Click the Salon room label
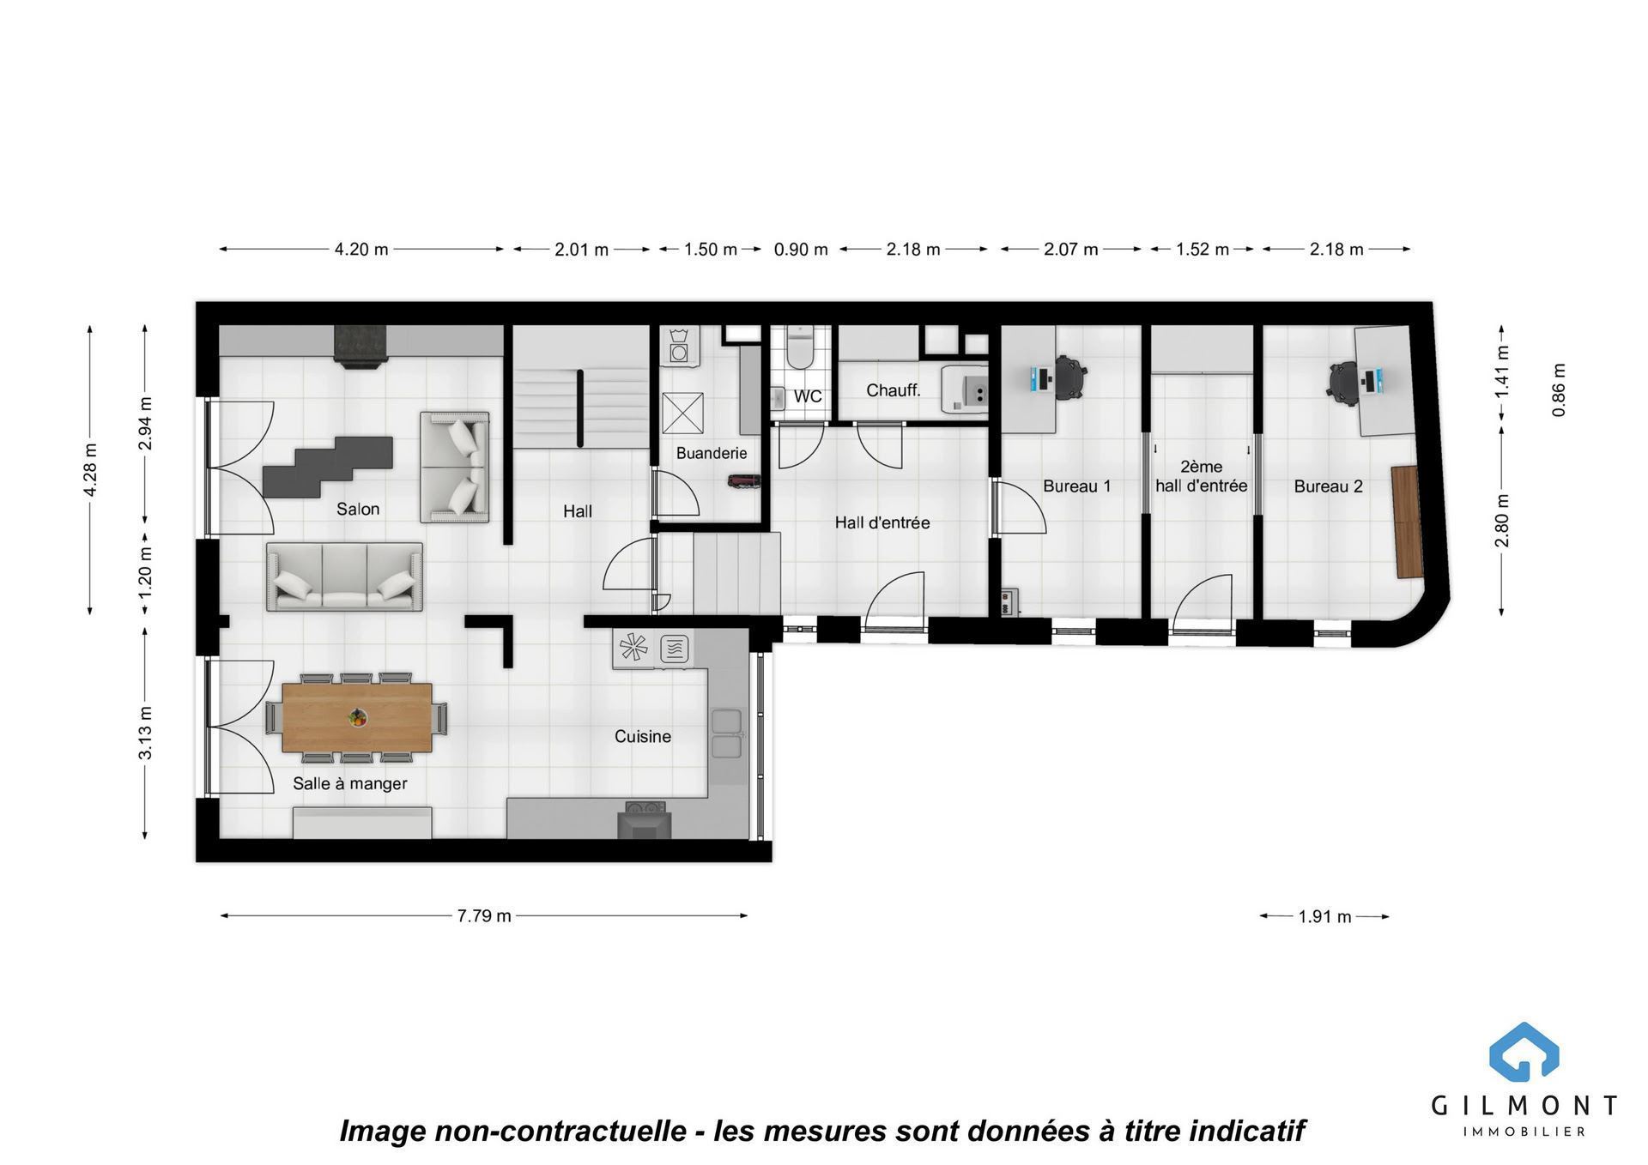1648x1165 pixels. tap(358, 509)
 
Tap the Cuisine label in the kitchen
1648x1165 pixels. tap(643, 736)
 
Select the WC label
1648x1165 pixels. tap(808, 396)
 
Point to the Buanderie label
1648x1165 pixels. tap(712, 453)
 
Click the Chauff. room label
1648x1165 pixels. tap(894, 390)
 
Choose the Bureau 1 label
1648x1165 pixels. tap(1077, 486)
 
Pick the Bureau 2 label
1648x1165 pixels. tap(1329, 486)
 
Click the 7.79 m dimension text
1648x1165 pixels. tap(484, 915)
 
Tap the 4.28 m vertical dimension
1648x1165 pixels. tap(90, 470)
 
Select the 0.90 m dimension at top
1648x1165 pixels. tap(801, 250)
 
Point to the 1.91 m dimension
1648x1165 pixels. tap(1324, 916)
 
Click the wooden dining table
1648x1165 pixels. tap(357, 717)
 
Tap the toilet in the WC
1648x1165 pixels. tap(800, 347)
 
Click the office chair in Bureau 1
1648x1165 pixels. tap(1069, 377)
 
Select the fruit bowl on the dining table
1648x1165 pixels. tap(357, 717)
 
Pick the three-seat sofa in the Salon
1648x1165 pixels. tap(344, 576)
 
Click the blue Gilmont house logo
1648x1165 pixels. tap(1524, 1052)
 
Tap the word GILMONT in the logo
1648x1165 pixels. tap(1524, 1105)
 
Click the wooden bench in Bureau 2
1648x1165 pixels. tap(1407, 522)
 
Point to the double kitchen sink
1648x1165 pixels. tap(726, 734)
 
